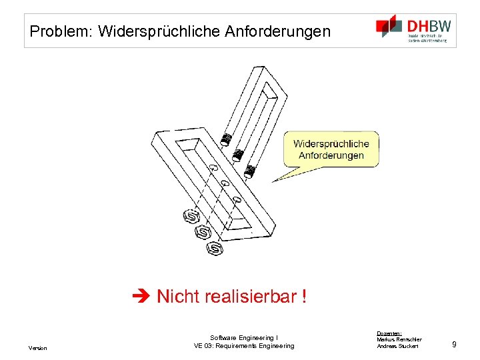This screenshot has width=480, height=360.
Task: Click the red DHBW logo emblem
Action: point(389,27)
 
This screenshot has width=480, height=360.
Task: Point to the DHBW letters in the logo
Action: point(429,25)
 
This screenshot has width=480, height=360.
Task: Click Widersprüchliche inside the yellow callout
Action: point(331,144)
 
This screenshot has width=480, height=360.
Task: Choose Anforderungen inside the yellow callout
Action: point(331,155)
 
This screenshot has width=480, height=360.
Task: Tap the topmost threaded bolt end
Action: point(226,140)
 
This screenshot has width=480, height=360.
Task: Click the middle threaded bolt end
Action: point(237,156)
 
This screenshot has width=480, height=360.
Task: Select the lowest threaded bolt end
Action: point(251,172)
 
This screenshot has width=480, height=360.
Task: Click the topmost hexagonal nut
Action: point(191,217)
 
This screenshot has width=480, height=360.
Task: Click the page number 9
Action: point(454,344)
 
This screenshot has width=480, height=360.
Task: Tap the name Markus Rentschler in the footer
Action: point(399,339)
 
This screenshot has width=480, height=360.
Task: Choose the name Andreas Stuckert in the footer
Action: point(398,346)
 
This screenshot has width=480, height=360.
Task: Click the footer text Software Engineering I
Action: point(243,338)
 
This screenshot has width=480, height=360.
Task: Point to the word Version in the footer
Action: point(37,348)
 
